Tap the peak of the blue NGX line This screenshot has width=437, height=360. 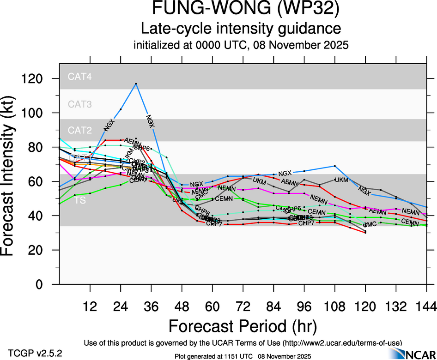click(x=136, y=84)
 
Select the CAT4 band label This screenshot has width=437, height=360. click(x=79, y=77)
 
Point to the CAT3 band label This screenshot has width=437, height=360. click(x=79, y=104)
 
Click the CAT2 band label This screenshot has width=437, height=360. click(x=79, y=130)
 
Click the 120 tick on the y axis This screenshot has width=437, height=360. click(x=41, y=79)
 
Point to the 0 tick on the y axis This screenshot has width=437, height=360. click(x=48, y=284)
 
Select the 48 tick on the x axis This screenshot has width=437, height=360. click(x=182, y=306)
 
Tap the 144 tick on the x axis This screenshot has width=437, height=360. click(x=426, y=306)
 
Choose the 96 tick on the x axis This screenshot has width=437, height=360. click(x=304, y=306)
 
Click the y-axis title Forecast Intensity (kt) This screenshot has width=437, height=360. click(x=13, y=177)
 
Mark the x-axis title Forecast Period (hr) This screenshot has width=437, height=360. click(x=243, y=326)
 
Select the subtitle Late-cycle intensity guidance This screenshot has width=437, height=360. click(x=241, y=29)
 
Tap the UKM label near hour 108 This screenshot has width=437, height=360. click(x=341, y=180)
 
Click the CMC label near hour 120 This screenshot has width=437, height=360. click(x=370, y=225)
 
